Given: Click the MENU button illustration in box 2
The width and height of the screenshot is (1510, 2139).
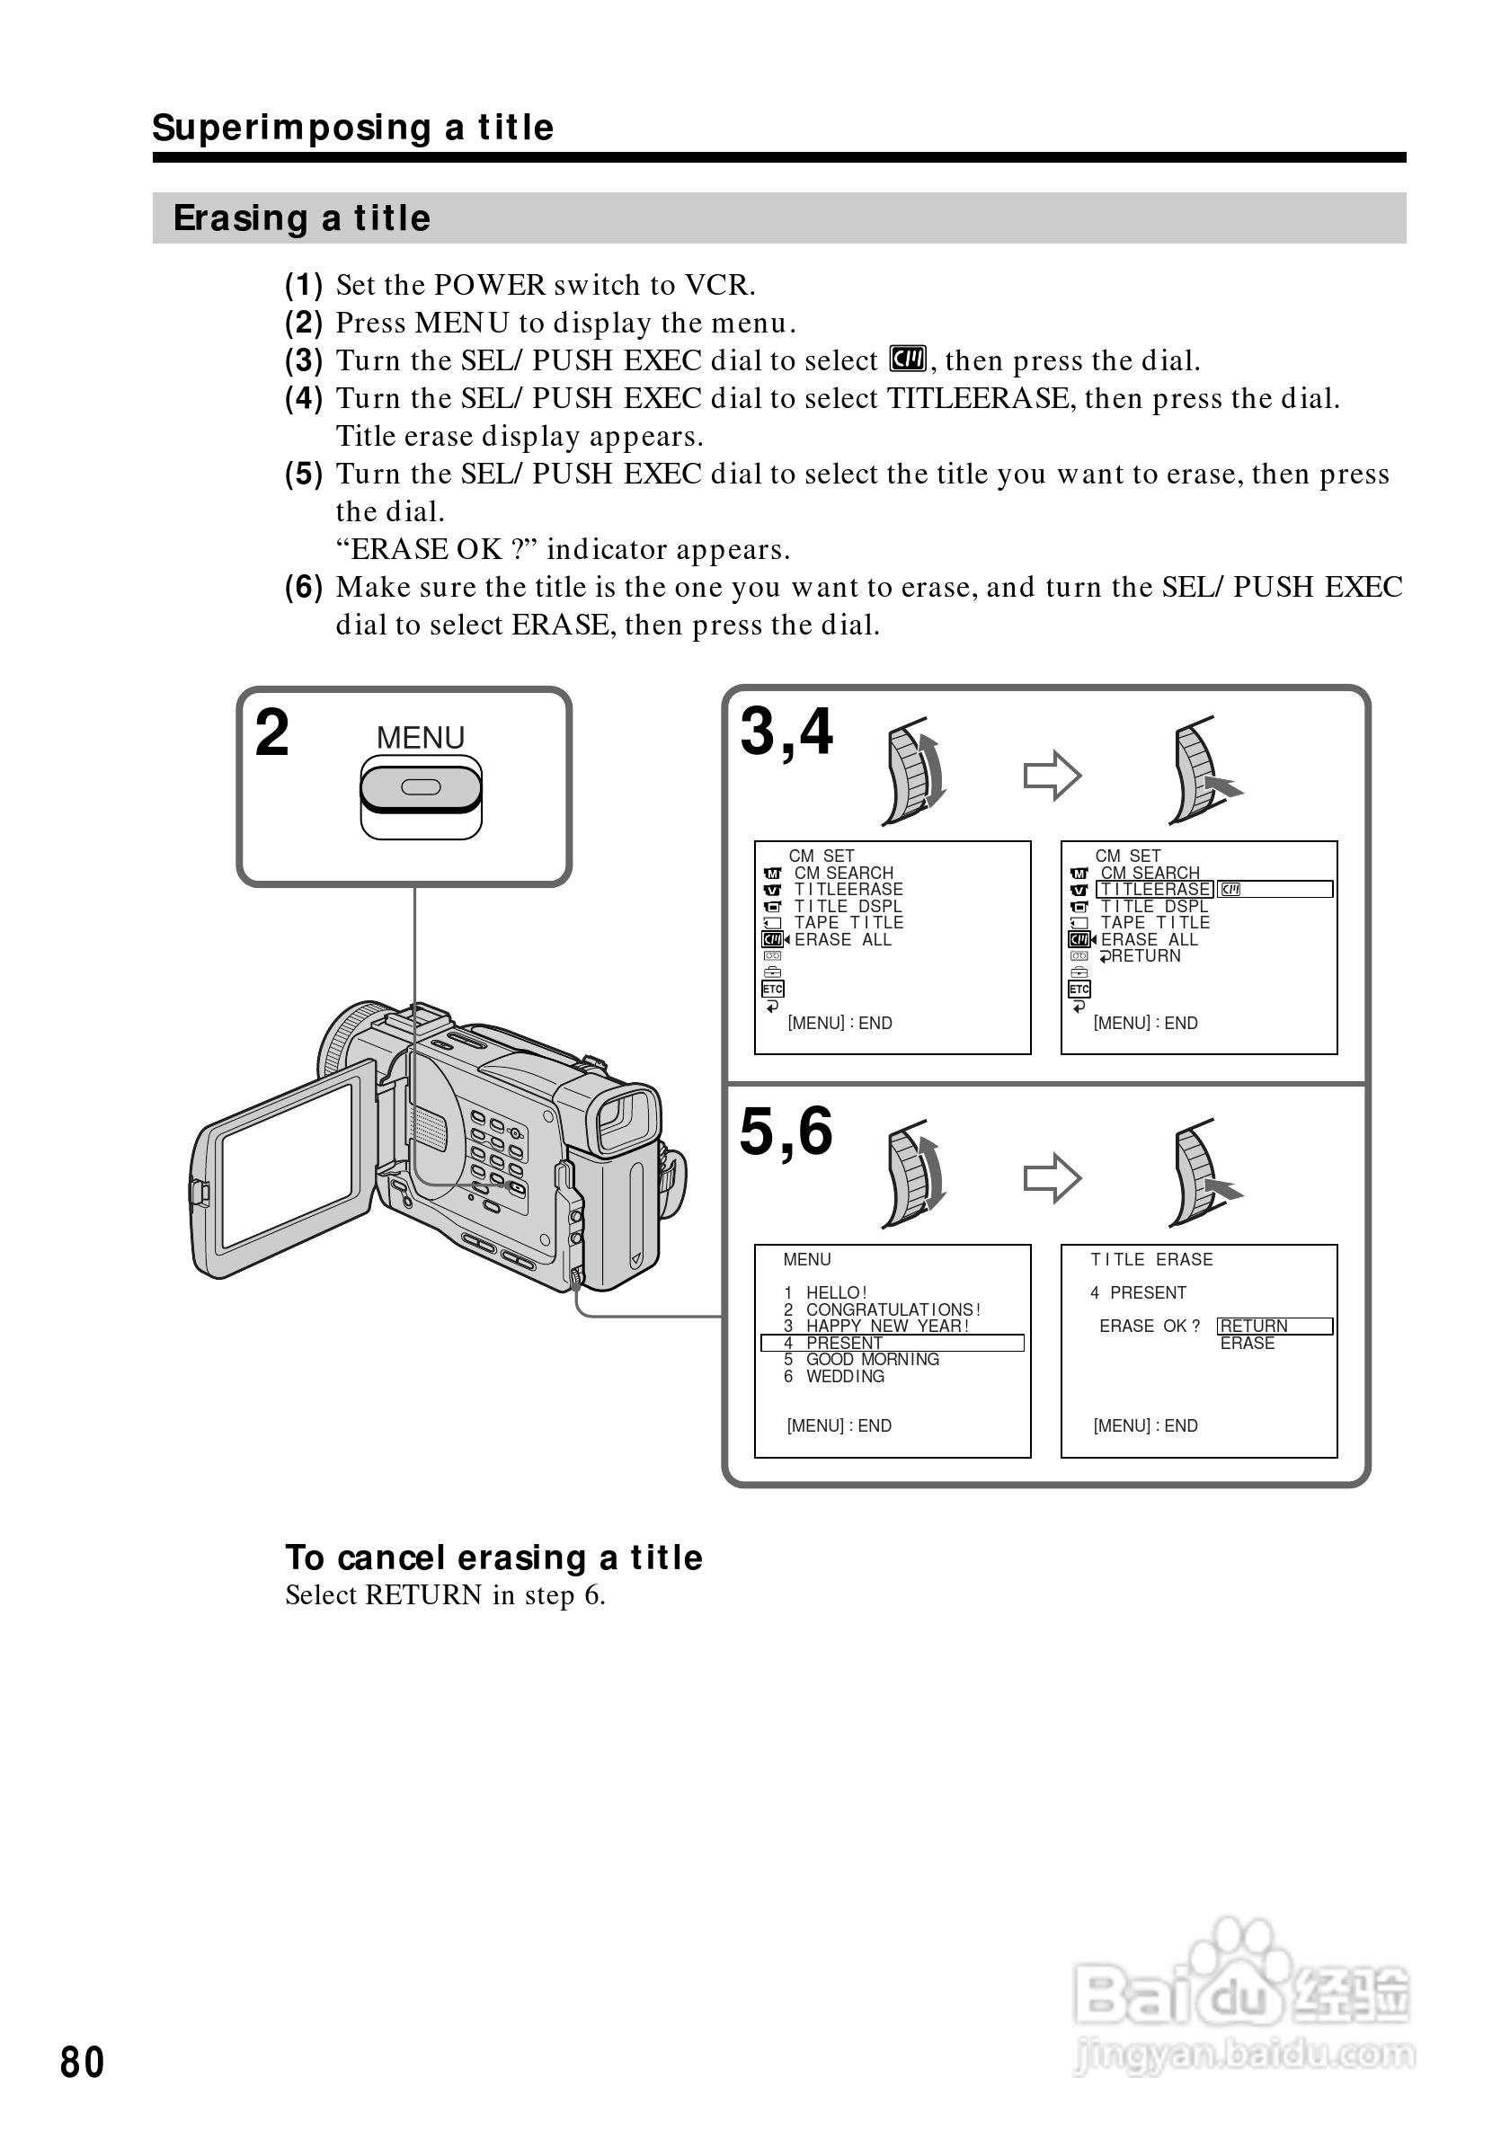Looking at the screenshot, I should [420, 788].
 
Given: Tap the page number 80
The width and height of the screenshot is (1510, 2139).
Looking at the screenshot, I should [82, 2062].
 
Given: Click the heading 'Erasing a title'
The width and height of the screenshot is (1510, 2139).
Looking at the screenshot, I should [302, 218].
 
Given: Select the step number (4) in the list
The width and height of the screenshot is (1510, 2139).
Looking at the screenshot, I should [304, 399].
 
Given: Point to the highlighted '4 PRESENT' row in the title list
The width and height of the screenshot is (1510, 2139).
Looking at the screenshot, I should [892, 1343].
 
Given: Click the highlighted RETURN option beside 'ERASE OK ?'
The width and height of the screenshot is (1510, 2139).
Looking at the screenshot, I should [1274, 1326].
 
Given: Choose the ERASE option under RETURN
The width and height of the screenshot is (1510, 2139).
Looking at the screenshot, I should [1248, 1343].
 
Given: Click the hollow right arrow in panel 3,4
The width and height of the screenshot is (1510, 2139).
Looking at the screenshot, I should [1052, 775].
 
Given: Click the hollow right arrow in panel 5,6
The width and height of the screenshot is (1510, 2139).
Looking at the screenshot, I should [1052, 1177].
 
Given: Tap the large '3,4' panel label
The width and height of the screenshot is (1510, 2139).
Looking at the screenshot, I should [786, 732].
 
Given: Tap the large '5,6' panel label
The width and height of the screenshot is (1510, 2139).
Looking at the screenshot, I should [786, 1132].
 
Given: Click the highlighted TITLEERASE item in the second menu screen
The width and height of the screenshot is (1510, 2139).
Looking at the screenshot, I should [1155, 890].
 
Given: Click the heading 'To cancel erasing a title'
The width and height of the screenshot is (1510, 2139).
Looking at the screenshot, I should [493, 1558].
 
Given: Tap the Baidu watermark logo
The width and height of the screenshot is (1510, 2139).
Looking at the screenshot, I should [1243, 1998].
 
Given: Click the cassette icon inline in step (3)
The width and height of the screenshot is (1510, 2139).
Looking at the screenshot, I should [907, 359].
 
